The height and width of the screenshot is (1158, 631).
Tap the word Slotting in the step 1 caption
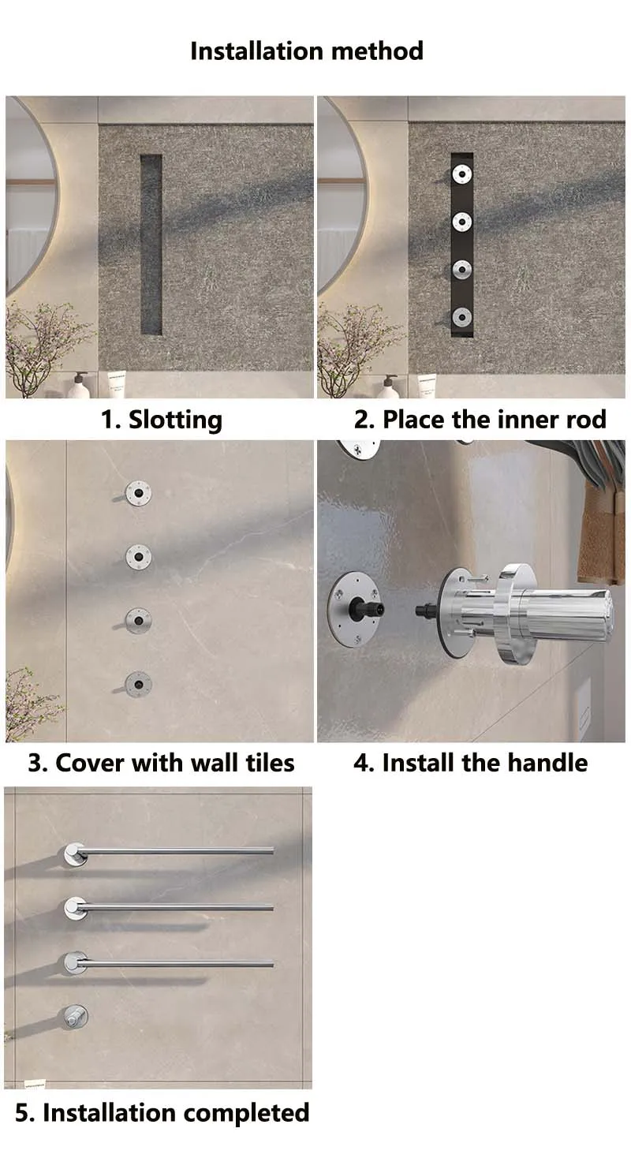175,420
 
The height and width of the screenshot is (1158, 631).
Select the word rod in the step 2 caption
586,419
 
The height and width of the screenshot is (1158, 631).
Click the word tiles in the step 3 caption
270,763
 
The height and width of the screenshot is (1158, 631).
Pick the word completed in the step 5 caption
247,1113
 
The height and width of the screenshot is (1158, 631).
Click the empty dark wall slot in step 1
151,245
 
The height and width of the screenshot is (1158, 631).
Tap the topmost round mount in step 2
461,174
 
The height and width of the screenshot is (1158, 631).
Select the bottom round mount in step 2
461,317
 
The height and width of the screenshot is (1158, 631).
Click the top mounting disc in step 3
139,493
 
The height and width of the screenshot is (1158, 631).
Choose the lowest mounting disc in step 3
138,685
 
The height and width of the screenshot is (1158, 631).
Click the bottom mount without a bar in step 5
76,1016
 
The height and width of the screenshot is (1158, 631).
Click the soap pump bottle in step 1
79,385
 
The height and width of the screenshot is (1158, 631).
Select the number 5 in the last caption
22,1113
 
